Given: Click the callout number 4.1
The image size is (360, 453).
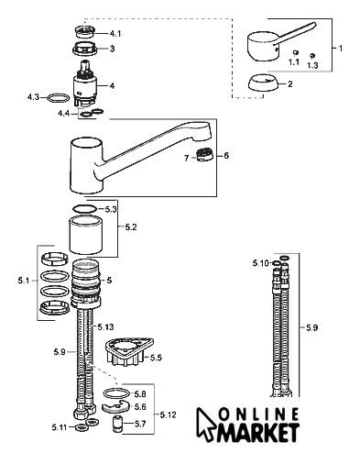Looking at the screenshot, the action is [115, 33].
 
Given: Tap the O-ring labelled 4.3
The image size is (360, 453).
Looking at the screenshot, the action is [58, 98].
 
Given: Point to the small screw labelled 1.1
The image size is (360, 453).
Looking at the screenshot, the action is [295, 52].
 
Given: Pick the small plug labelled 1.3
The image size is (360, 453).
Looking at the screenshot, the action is [312, 55].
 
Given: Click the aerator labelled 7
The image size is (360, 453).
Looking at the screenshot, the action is [204, 155].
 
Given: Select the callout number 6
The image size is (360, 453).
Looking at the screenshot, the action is [226, 156].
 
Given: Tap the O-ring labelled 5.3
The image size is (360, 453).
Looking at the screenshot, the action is [84, 209].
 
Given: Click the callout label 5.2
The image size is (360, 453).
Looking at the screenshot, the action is [131, 227].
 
